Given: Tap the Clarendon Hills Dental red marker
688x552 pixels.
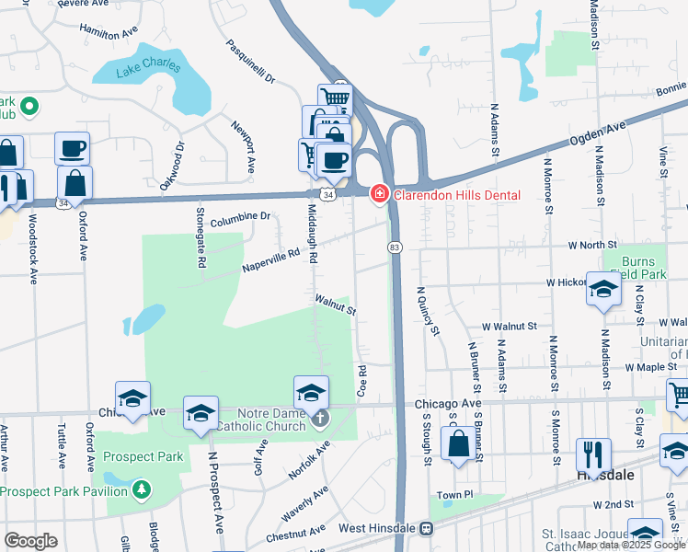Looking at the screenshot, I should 378,194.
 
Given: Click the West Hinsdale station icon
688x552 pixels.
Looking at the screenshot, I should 426,528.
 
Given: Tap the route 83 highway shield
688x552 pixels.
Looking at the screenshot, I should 395,247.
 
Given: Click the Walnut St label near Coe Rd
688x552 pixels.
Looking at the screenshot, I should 335,305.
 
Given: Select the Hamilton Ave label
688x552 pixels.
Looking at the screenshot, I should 107,34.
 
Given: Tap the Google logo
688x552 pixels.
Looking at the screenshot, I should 30,541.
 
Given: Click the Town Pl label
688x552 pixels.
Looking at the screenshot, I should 454,495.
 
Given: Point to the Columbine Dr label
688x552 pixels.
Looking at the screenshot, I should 239,217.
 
